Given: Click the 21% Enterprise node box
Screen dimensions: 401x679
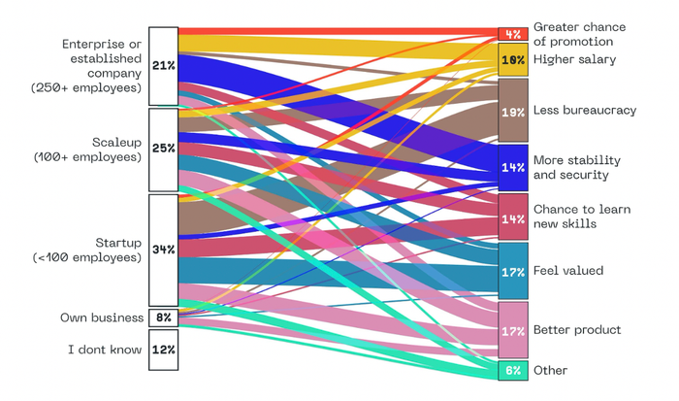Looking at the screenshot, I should [x=163, y=66].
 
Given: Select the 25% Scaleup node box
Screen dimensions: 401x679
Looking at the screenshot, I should [x=163, y=149].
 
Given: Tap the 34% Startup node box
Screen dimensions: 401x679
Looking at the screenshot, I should [x=163, y=250].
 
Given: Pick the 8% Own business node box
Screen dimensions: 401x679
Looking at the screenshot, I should [x=163, y=317].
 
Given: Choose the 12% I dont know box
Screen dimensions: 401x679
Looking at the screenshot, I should [x=163, y=350].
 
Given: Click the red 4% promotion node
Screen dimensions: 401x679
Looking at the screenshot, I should [x=512, y=34].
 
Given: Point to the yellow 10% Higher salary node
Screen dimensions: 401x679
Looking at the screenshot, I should [x=512, y=60].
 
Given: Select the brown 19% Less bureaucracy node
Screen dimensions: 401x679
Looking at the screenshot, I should [x=512, y=111].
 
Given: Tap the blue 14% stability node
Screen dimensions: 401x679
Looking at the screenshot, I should [x=512, y=167].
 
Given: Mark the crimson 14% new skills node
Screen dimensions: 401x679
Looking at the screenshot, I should [x=512, y=217].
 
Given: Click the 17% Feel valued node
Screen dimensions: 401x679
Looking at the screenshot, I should [x=512, y=271].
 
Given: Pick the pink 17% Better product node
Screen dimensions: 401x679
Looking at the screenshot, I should [x=512, y=330].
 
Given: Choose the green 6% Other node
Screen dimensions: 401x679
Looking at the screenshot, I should [x=512, y=370].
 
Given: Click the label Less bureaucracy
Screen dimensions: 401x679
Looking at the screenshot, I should [x=584, y=111].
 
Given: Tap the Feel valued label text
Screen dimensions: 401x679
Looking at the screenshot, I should [x=567, y=271].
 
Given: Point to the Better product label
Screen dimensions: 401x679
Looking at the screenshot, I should [x=576, y=330].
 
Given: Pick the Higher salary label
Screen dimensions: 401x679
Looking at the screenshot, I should [x=574, y=60].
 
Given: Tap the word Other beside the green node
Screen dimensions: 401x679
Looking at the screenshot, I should [x=550, y=370].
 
